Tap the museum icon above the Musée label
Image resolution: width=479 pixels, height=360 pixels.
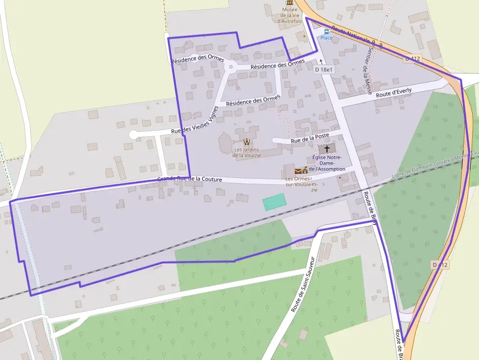click(x=290, y=3)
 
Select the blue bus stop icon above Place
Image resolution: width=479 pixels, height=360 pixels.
click(x=326, y=31)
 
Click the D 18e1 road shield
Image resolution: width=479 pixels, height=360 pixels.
click(x=324, y=70)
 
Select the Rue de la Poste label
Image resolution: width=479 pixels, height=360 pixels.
click(x=310, y=138)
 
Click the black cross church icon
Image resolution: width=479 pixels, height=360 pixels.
click(x=327, y=148)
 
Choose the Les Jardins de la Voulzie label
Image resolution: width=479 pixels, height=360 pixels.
click(x=247, y=152)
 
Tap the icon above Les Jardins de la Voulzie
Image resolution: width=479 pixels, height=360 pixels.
click(x=246, y=142)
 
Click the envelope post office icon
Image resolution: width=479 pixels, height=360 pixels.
click(x=298, y=171)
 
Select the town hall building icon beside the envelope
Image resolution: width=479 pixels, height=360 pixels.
click(x=305, y=170)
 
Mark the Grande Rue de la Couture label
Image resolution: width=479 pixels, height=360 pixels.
click(x=190, y=179)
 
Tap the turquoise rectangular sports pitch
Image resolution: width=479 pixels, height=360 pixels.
click(x=274, y=201)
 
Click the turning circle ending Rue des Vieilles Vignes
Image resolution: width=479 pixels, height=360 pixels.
click(x=133, y=134)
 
